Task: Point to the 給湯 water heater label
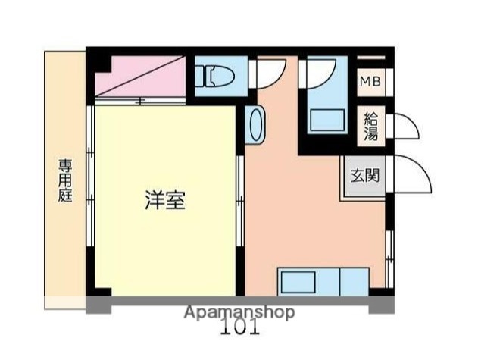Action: click(x=371, y=127)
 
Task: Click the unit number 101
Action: click(x=240, y=328)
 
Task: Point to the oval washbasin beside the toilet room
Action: click(x=256, y=124)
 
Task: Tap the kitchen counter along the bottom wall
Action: click(x=322, y=281)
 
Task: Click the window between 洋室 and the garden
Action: click(x=90, y=198)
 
